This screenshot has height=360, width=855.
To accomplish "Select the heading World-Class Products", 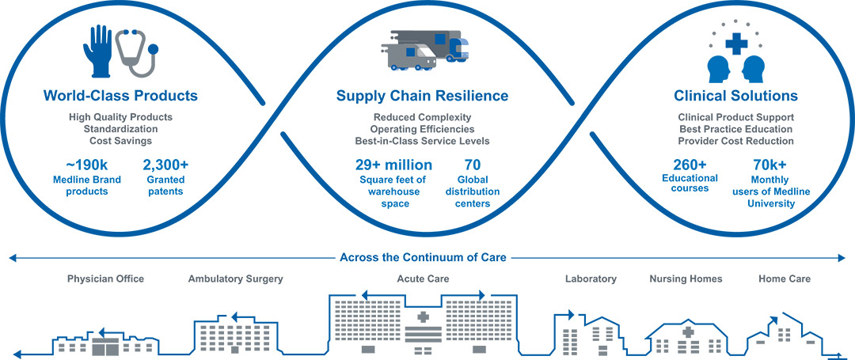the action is [x=120, y=97].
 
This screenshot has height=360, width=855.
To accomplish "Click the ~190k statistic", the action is [x=87, y=165].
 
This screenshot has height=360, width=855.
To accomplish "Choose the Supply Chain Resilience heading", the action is [x=422, y=97].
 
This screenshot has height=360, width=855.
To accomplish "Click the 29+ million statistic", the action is [x=393, y=165].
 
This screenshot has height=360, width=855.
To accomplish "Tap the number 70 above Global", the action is [x=472, y=165].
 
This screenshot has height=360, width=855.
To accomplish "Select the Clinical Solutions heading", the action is [x=735, y=97].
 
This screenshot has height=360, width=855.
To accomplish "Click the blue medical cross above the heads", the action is [x=735, y=43].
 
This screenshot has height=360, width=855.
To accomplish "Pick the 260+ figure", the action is [x=690, y=165].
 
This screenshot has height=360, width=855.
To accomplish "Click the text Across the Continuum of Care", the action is [x=423, y=257].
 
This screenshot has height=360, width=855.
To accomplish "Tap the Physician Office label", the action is [x=106, y=279].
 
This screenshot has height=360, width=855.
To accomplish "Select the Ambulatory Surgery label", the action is [x=236, y=279].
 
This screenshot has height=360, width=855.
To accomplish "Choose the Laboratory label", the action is [x=591, y=279].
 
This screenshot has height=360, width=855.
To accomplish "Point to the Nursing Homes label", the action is [x=686, y=279].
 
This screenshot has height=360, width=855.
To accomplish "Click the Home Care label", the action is [x=785, y=279].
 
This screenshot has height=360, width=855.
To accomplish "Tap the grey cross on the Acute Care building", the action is [x=423, y=317].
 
